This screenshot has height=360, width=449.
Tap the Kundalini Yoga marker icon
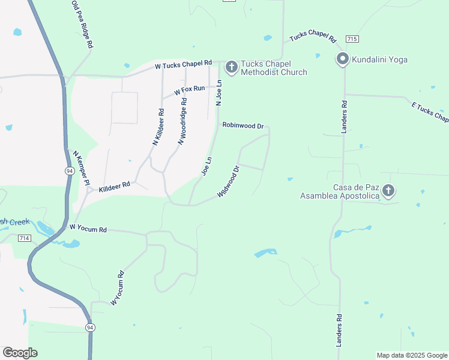343,59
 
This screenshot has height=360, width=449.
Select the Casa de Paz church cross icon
388,191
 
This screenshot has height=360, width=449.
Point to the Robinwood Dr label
243,126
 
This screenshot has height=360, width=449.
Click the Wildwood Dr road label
229,182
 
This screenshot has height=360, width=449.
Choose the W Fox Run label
190,90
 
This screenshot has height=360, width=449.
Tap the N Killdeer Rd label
158,127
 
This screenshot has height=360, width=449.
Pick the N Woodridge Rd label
182,121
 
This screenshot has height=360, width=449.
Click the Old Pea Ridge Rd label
82,24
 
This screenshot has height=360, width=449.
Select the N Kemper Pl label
81,167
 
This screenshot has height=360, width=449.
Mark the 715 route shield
352,38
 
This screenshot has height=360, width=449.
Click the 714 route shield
24,238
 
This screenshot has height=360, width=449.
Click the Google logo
20,353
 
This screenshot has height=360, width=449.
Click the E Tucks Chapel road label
429,111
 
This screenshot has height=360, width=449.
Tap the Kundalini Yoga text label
381,59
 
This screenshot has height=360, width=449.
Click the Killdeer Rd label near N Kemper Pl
115,187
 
